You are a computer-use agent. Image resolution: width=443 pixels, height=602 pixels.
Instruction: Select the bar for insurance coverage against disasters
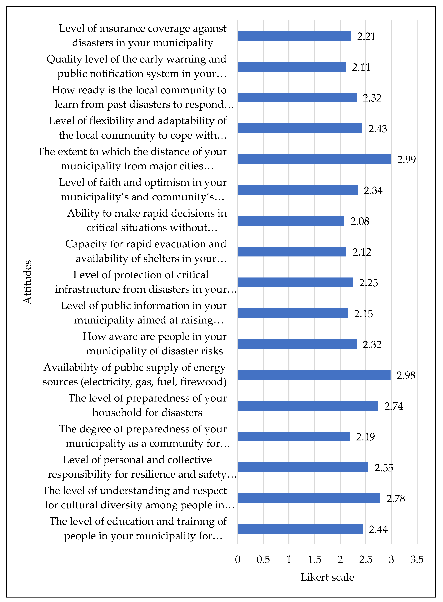click(x=294, y=36)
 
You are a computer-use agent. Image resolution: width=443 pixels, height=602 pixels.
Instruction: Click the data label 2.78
click(x=396, y=499)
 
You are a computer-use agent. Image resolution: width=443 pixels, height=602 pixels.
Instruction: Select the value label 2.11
click(x=361, y=67)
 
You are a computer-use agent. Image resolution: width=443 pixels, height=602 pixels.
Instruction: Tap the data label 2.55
click(x=384, y=468)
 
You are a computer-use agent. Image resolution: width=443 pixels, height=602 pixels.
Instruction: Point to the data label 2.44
click(x=378, y=529)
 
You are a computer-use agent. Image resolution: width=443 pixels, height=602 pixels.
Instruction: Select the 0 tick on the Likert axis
click(x=238, y=560)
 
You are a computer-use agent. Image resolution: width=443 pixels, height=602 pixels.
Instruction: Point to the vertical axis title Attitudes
click(x=28, y=282)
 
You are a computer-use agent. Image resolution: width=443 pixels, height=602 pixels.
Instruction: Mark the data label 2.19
click(x=365, y=437)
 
